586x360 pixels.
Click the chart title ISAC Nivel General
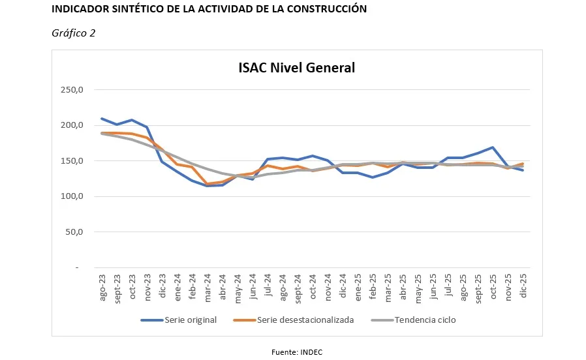[x=296, y=68]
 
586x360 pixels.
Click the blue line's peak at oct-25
[x=493, y=147]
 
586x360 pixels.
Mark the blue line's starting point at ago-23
[x=102, y=119]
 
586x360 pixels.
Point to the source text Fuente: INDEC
[x=297, y=352]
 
